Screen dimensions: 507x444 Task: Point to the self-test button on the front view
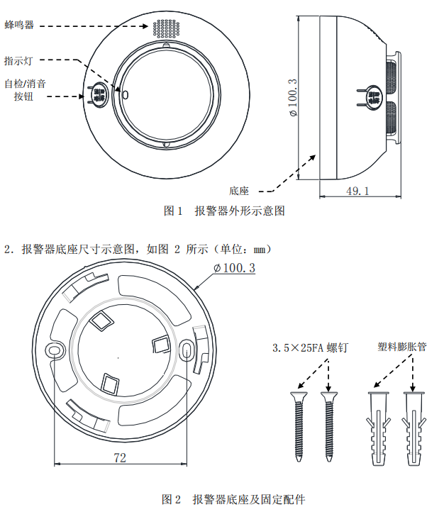click(98, 94)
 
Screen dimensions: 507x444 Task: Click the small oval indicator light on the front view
click(126, 94)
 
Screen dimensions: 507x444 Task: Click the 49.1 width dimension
click(357, 191)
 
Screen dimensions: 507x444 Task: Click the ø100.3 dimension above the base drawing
click(234, 269)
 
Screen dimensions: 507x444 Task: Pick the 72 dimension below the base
click(120, 457)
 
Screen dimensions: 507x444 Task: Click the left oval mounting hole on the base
click(54, 350)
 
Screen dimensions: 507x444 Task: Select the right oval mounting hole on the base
click(187, 349)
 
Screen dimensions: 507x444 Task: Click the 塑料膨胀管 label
click(402, 347)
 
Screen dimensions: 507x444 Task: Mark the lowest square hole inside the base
click(111, 384)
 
